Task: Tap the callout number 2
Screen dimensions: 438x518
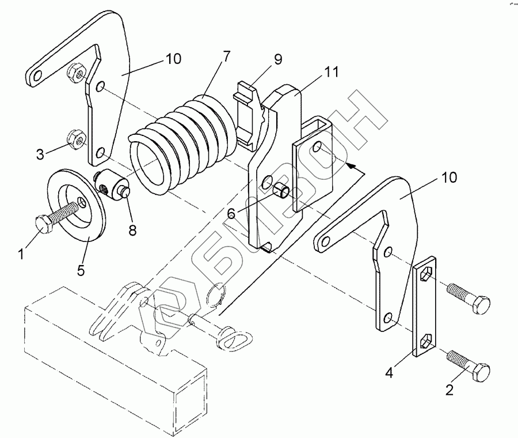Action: (x=449, y=390)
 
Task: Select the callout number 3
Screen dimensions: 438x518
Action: (x=40, y=154)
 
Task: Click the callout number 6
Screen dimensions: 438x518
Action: (x=231, y=213)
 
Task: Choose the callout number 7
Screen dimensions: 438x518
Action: (x=225, y=56)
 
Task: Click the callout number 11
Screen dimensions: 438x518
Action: (x=331, y=73)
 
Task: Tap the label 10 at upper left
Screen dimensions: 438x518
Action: (x=173, y=59)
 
